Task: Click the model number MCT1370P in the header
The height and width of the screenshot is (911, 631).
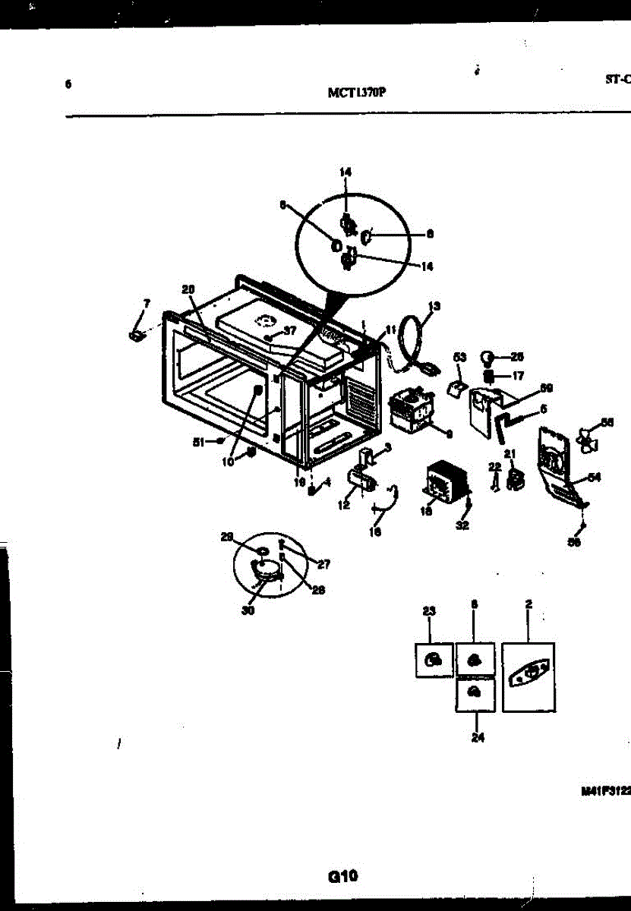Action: click(356, 93)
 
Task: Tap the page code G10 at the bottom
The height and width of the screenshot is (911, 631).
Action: click(342, 876)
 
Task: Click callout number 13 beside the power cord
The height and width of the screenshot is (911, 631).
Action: click(434, 307)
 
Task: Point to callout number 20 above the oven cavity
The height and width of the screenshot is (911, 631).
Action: click(189, 288)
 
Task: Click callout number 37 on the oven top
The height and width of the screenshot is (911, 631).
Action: click(289, 329)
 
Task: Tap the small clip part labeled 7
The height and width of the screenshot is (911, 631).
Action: click(137, 333)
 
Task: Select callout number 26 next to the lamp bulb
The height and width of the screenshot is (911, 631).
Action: click(516, 356)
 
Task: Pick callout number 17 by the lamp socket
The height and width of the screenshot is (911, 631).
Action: click(518, 375)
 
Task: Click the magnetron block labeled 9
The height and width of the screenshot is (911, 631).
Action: click(411, 411)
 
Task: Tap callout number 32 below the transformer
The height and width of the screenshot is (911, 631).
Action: click(462, 525)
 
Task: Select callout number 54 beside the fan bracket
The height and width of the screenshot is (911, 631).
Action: click(595, 477)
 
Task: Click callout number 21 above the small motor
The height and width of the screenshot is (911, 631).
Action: click(510, 453)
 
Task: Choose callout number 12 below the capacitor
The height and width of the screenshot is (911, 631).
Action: click(344, 504)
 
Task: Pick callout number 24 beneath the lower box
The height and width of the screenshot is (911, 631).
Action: click(478, 736)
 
